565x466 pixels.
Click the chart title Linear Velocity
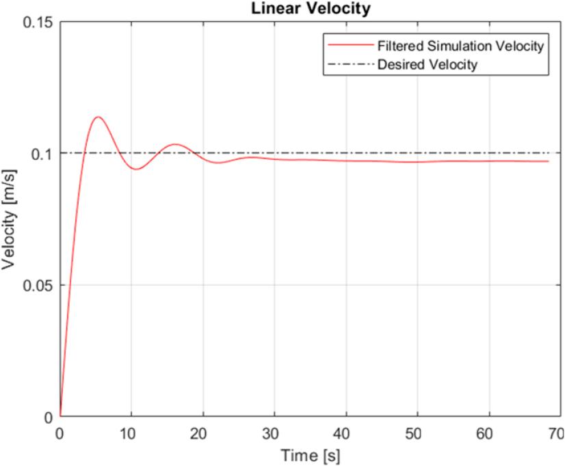click(307, 8)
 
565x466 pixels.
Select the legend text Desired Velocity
click(427, 66)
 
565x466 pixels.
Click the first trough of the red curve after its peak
click(137, 169)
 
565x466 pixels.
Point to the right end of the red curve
click(549, 161)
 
